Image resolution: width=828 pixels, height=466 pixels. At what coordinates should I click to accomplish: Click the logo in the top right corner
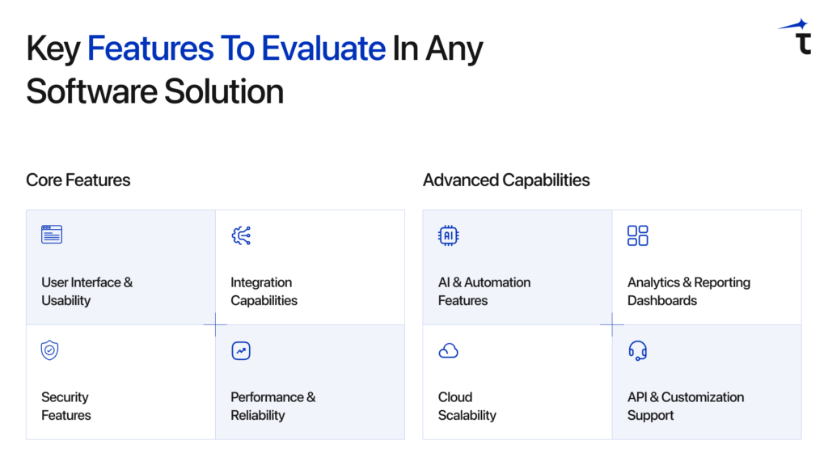796,37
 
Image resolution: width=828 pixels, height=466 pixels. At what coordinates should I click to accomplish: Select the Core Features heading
78,180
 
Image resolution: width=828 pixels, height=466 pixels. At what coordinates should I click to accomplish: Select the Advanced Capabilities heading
506,180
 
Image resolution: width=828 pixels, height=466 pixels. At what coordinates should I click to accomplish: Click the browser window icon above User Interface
52,235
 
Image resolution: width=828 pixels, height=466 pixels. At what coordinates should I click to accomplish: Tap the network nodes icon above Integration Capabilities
241,235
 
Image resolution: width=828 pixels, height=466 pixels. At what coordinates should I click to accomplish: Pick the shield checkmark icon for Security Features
50,350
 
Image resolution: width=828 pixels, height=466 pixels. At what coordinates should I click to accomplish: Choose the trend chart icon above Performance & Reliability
241,350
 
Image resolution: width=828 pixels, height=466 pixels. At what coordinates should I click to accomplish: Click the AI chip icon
448,235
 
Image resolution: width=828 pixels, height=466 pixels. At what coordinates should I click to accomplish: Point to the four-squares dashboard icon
638,235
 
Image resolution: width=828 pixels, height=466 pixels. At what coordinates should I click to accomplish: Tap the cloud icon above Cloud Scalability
448,351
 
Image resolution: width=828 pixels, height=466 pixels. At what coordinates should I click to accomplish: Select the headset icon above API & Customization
638,350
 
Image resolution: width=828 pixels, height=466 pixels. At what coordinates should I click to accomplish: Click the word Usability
66,300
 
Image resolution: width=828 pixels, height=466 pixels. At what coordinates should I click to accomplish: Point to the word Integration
261,282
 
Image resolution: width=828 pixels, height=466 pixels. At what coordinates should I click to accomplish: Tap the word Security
65,397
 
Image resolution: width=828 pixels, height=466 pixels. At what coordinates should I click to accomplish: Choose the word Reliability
258,415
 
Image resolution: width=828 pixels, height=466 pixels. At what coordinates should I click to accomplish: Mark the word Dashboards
662,300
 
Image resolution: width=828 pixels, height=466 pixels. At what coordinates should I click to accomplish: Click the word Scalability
467,415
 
